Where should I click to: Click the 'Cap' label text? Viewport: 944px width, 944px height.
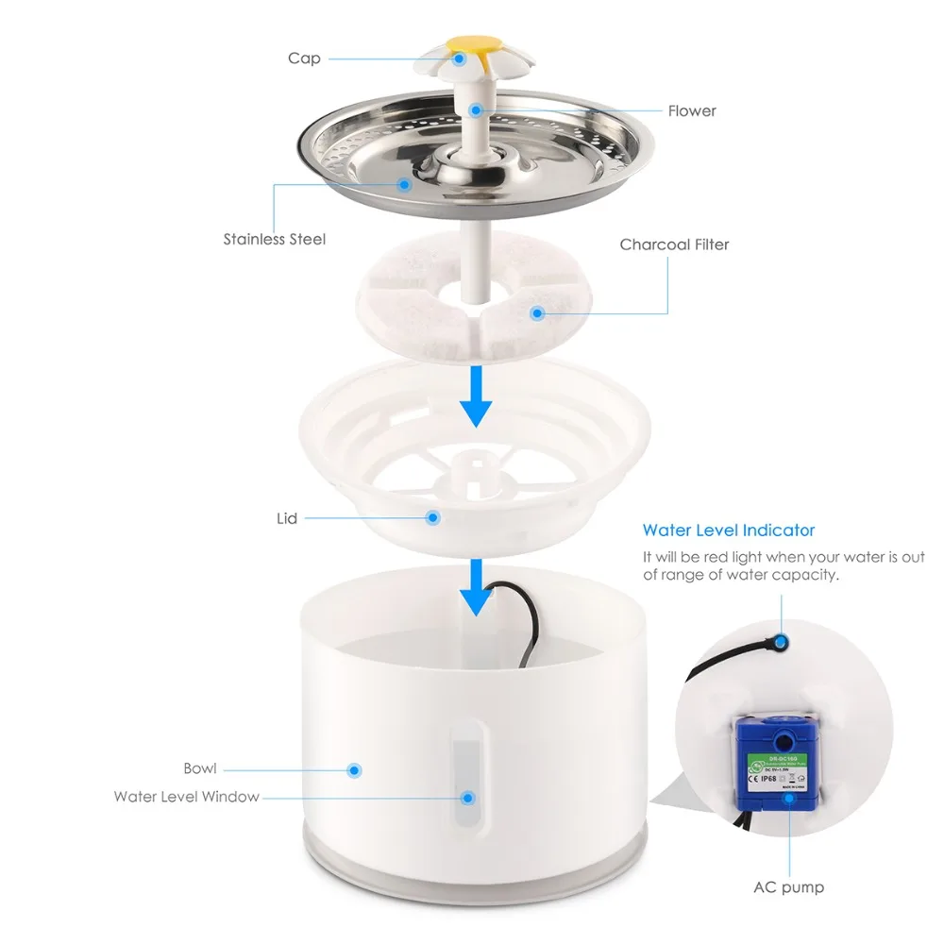(x=304, y=59)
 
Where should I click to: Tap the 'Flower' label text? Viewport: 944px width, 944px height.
(x=692, y=111)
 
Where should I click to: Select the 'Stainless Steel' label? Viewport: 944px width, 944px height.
(x=274, y=240)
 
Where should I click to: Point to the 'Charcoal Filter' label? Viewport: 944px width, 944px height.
(x=674, y=244)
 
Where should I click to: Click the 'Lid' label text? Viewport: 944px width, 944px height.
(x=287, y=518)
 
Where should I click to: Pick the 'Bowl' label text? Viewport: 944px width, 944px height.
(x=199, y=768)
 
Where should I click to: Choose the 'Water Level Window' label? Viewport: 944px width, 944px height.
(x=186, y=797)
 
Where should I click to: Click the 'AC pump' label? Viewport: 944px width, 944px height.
(x=788, y=887)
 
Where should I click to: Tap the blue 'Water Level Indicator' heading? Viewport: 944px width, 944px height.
(x=728, y=531)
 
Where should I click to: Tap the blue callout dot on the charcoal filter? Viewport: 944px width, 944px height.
(x=537, y=312)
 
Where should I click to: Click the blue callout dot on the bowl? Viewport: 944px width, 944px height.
(x=355, y=770)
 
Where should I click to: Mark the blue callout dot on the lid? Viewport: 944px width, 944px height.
(x=432, y=517)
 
